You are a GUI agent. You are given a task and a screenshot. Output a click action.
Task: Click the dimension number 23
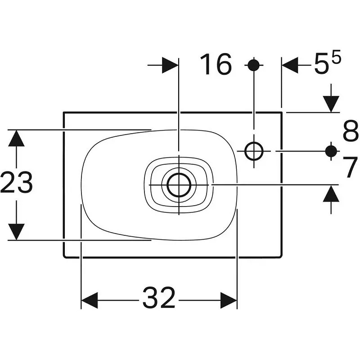point(17,182)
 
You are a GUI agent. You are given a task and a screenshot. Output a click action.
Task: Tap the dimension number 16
point(216,64)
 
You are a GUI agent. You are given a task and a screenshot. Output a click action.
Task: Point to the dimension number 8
point(351,131)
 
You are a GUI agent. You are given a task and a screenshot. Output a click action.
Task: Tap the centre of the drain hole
point(179,184)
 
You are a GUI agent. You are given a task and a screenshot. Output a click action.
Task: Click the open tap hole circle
point(254,151)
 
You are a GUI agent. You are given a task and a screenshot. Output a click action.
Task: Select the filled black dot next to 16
point(254,65)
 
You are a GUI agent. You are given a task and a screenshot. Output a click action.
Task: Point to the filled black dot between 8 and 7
point(331,151)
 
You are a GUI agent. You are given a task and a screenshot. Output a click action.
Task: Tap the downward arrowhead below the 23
point(16,232)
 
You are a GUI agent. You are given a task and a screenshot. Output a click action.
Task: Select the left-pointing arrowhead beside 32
point(90,300)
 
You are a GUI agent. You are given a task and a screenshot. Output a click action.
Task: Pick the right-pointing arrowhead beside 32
point(229,300)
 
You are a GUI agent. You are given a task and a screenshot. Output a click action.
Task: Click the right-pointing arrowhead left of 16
point(170,65)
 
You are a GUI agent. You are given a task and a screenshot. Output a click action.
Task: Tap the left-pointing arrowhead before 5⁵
point(290,65)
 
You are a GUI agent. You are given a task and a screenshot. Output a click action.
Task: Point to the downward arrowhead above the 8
point(331,104)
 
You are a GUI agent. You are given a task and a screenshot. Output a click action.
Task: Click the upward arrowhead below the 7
point(331,193)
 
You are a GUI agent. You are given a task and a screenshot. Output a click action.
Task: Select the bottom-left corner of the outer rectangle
point(63,257)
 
